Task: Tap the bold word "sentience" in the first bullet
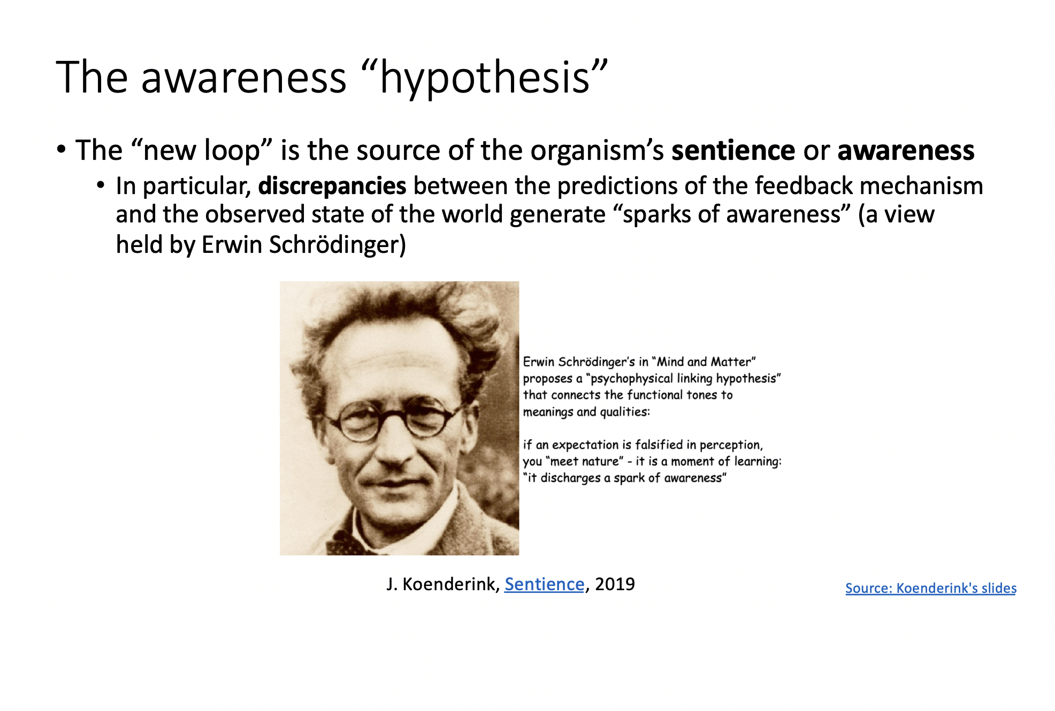(733, 150)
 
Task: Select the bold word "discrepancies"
(332, 186)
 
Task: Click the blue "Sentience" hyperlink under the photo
(544, 584)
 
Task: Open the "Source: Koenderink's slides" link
(931, 588)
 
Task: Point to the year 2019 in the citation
(615, 584)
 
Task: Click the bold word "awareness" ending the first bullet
(906, 150)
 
